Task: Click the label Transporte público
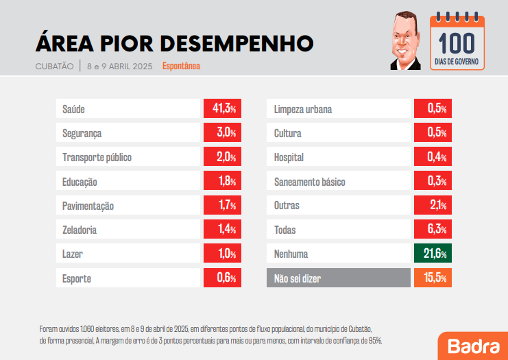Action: pyautogui.click(x=97, y=158)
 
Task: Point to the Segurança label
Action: pyautogui.click(x=82, y=134)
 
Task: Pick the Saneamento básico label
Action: pyautogui.click(x=309, y=182)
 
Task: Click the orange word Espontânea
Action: pyautogui.click(x=181, y=67)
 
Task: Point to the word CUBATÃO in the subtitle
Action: pyautogui.click(x=54, y=67)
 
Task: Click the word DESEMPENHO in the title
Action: pyautogui.click(x=237, y=43)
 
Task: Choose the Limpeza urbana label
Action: pyautogui.click(x=303, y=110)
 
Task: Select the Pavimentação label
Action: pyautogui.click(x=88, y=206)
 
